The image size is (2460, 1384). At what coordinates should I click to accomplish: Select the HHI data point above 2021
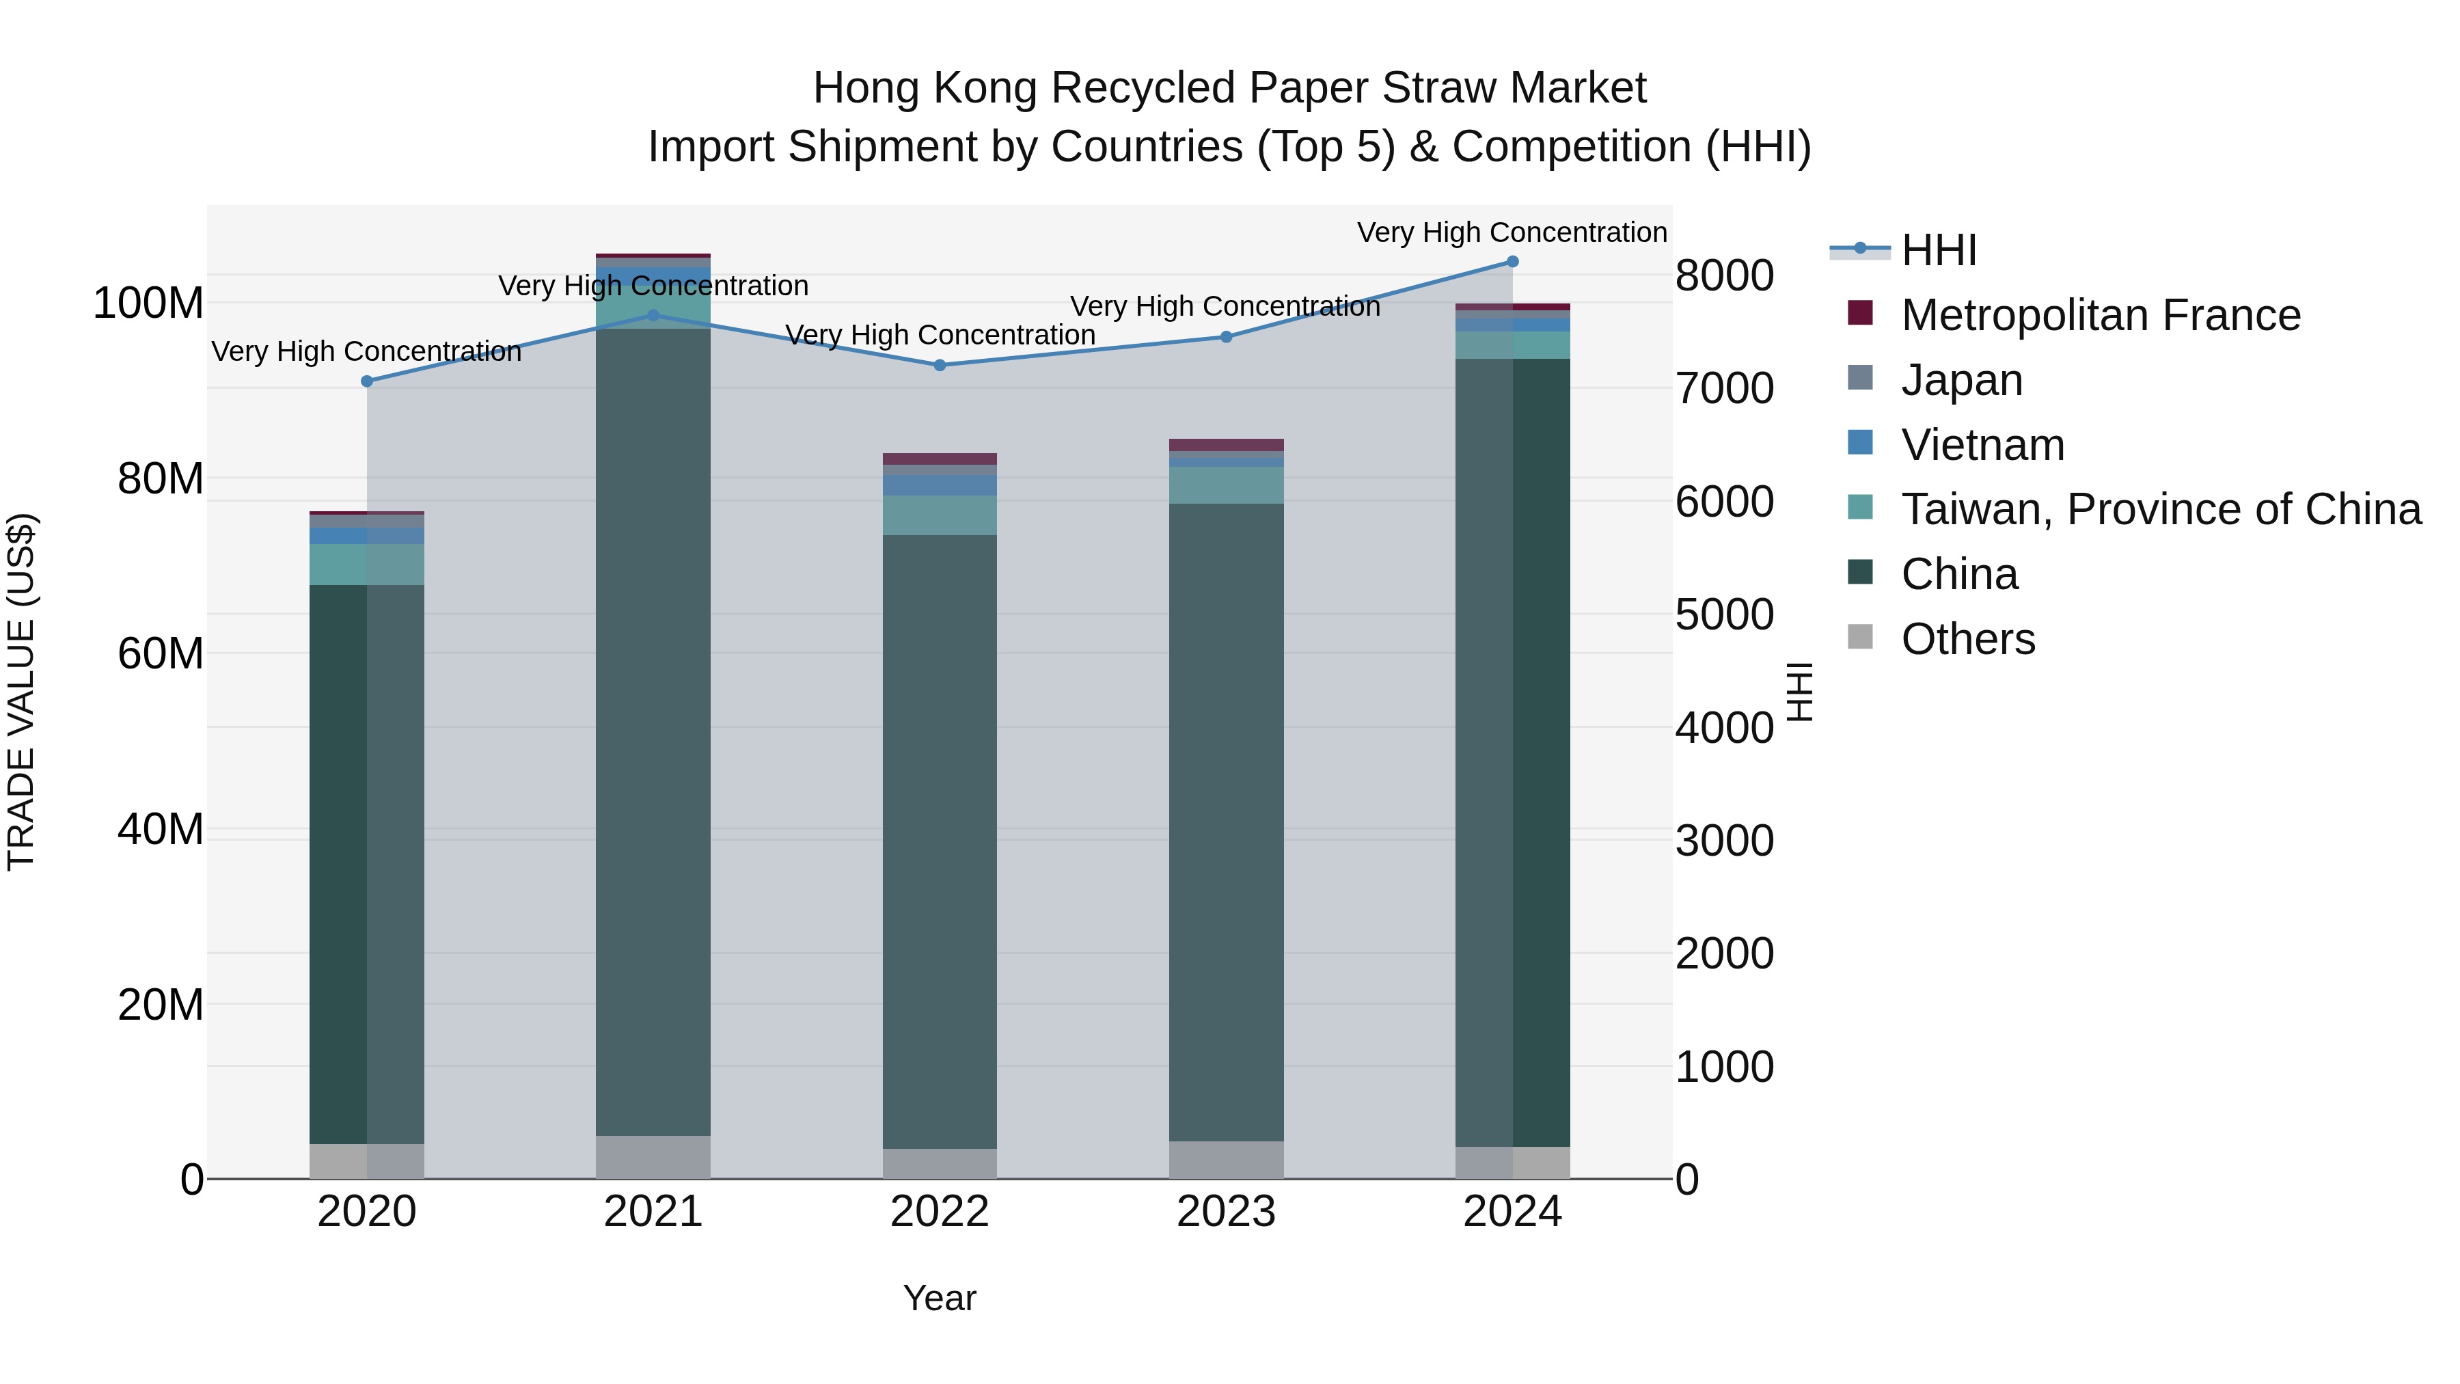(653, 315)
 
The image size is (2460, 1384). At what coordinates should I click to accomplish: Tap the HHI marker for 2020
(367, 381)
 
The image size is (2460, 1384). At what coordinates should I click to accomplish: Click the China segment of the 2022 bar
(940, 841)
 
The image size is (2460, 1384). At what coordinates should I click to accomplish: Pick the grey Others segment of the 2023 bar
(1226, 1160)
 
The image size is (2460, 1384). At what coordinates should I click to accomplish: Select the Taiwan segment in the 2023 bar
(1226, 485)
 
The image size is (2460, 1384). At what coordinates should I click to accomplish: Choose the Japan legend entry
(1961, 380)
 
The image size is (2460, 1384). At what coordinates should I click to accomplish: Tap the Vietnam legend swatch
(1860, 443)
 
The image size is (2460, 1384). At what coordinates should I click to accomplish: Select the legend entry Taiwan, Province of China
(2160, 509)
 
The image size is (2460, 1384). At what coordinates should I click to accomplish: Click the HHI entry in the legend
(1938, 250)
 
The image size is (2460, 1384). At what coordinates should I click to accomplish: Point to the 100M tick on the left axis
(148, 303)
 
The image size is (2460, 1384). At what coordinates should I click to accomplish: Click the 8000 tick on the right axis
(1724, 276)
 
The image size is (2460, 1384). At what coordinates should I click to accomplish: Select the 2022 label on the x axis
(940, 1212)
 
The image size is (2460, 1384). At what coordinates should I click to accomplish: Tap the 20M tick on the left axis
(161, 1005)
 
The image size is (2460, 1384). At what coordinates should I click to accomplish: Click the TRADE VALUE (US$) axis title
(21, 692)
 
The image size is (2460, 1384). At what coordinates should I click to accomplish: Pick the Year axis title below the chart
(940, 1298)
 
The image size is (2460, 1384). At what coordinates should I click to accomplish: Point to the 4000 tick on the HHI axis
(1724, 728)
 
